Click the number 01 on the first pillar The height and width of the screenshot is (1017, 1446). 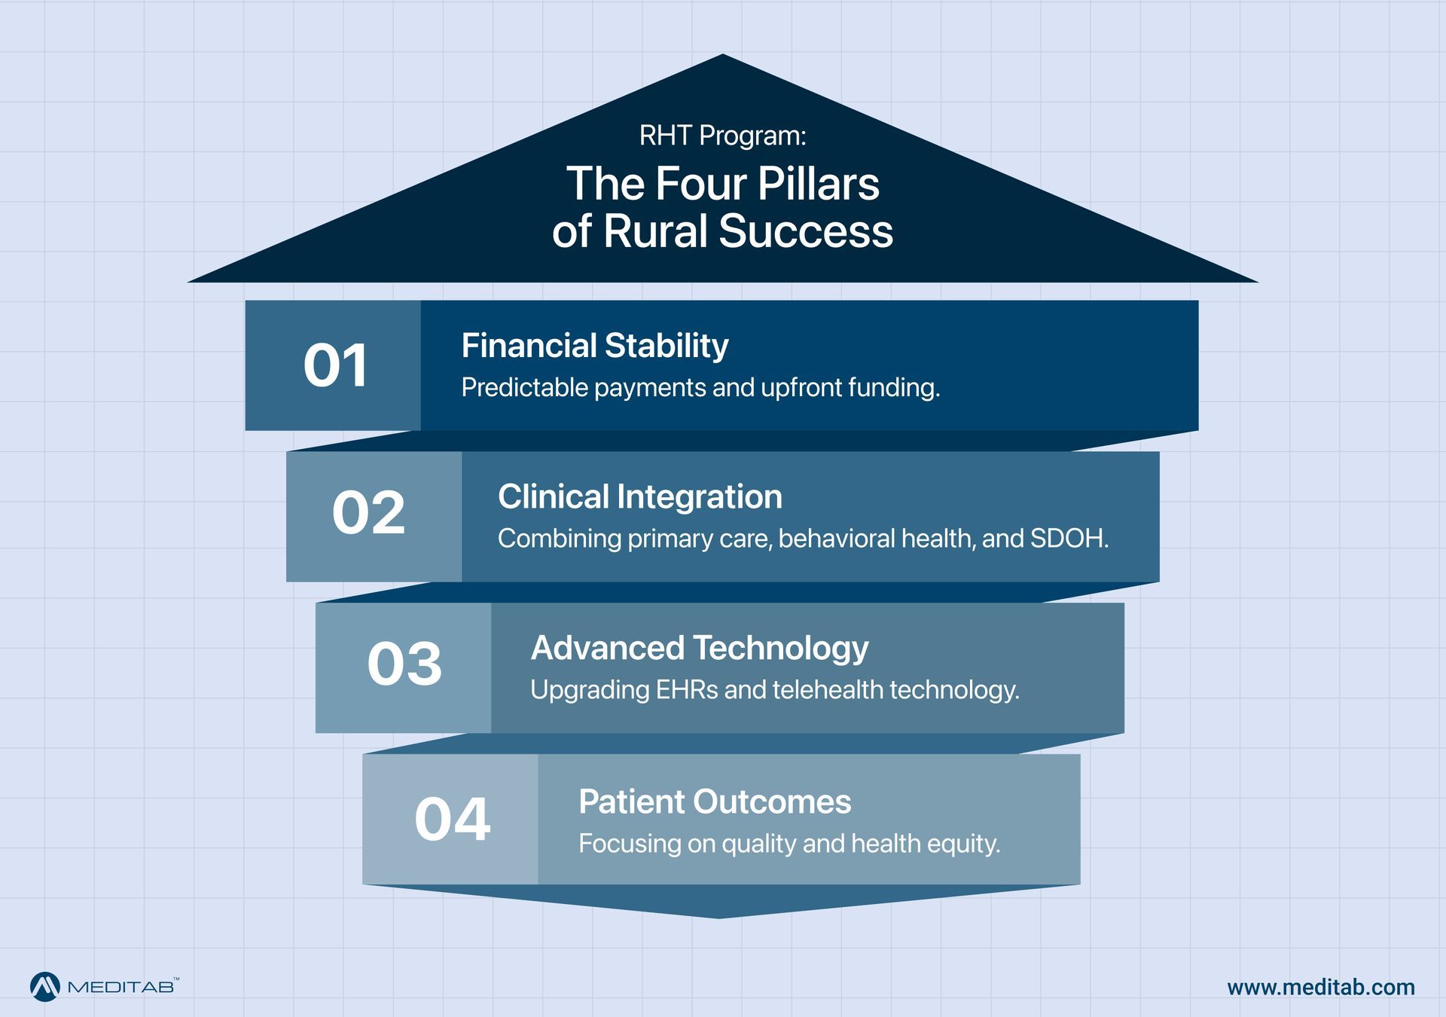pyautogui.click(x=335, y=366)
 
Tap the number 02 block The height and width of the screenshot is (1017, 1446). pyautogui.click(x=368, y=514)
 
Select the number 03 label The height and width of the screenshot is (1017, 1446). pyautogui.click(x=404, y=664)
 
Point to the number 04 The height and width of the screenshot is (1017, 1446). pyautogui.click(x=452, y=819)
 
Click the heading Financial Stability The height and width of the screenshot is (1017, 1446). pyautogui.click(x=594, y=346)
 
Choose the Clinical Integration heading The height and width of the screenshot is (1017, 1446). pyautogui.click(x=639, y=497)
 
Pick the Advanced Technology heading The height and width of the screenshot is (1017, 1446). pyautogui.click(x=699, y=649)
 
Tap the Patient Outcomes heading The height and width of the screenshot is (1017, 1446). pyautogui.click(x=714, y=802)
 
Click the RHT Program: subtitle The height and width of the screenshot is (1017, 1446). pyautogui.click(x=722, y=136)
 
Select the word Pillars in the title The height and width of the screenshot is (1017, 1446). pyautogui.click(x=818, y=184)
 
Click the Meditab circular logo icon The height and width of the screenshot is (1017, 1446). pyautogui.click(x=44, y=987)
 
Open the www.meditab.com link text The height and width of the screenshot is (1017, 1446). pyautogui.click(x=1320, y=988)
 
